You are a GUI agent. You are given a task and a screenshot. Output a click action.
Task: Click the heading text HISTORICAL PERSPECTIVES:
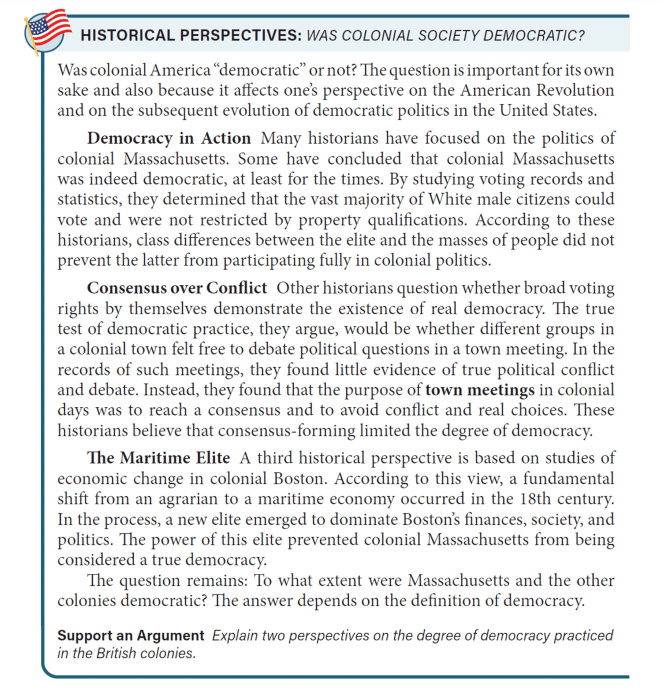click(191, 36)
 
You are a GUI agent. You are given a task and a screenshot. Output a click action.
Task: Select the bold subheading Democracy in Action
click(169, 139)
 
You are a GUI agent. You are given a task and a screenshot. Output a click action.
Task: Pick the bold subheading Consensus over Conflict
click(177, 288)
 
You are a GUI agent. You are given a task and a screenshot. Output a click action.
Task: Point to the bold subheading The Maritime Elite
click(158, 458)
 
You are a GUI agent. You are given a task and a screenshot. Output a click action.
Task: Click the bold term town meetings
click(480, 390)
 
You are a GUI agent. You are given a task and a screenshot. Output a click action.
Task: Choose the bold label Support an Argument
click(130, 636)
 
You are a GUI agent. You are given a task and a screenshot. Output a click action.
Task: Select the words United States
click(548, 111)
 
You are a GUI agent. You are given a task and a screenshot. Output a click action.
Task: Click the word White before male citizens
click(454, 199)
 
